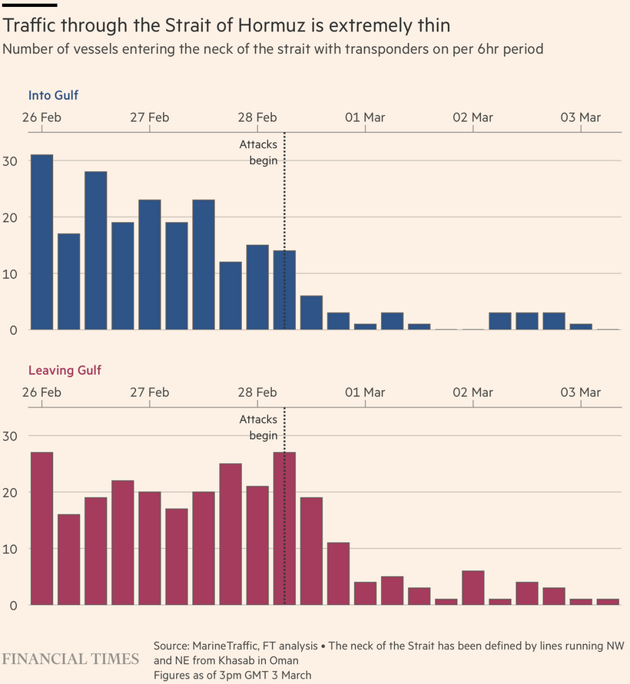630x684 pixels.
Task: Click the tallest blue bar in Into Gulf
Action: (x=41, y=242)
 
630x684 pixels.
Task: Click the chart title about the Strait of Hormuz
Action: (x=227, y=25)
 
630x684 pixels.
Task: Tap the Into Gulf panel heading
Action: (x=53, y=96)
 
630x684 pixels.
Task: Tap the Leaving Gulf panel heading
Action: (x=65, y=371)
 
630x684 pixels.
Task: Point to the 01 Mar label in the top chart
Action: (x=365, y=117)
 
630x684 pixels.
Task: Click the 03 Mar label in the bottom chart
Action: (x=580, y=392)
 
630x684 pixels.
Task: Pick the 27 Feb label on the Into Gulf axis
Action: (x=149, y=117)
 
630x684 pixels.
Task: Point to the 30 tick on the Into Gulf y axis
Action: (x=11, y=161)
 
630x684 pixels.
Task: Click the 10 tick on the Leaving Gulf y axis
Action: (x=11, y=550)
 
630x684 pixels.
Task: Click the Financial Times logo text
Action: (x=71, y=659)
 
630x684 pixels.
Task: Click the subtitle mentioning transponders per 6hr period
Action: (x=273, y=49)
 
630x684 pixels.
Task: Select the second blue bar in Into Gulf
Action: (x=68, y=281)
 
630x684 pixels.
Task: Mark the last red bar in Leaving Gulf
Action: (x=607, y=602)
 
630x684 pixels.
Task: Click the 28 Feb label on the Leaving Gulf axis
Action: (x=257, y=392)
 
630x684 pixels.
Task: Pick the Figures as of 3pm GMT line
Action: (x=232, y=675)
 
